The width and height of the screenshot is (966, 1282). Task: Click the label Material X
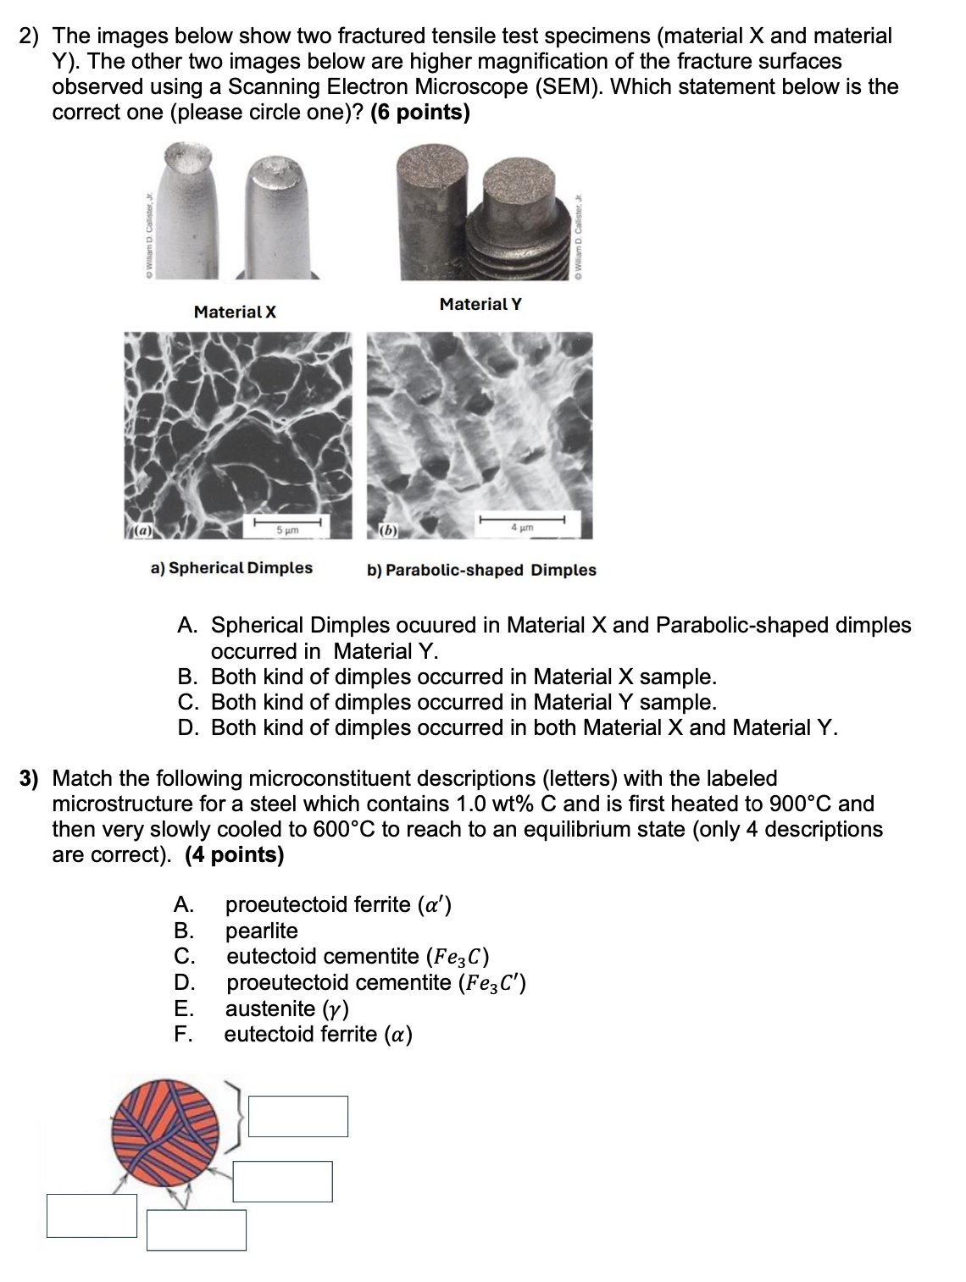click(x=235, y=312)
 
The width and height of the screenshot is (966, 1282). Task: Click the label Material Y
click(x=480, y=303)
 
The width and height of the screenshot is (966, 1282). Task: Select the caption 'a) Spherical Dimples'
click(x=231, y=567)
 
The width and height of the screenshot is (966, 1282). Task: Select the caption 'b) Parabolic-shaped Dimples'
click(x=481, y=570)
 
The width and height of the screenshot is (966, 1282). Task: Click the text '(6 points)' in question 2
click(x=420, y=112)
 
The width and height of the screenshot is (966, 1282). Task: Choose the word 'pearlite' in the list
click(x=261, y=931)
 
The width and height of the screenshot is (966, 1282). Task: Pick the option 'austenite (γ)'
click(x=286, y=1008)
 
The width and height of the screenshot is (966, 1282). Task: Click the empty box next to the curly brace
click(x=297, y=1116)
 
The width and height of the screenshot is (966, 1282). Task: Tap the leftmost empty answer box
click(x=92, y=1215)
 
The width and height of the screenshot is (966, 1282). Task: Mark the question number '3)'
click(x=30, y=778)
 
